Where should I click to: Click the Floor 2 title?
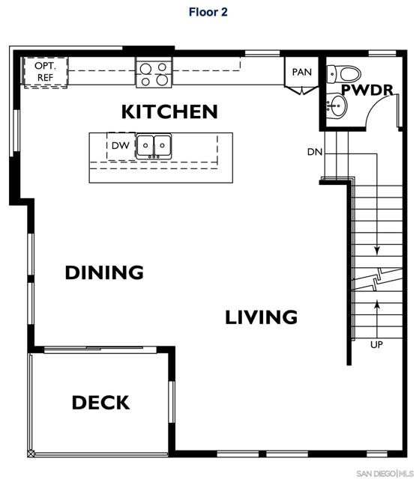208,12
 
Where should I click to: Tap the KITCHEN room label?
169,112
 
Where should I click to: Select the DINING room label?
104,272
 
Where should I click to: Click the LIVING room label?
262,317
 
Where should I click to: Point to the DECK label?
100,403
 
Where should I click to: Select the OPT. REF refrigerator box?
45,71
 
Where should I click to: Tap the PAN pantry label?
301,72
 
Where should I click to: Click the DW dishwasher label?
120,145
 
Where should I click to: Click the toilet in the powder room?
346,73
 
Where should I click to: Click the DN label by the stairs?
315,152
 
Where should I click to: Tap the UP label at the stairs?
376,345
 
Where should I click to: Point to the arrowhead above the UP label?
376,303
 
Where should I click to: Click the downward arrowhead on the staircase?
376,252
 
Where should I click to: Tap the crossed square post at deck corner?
31,454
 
